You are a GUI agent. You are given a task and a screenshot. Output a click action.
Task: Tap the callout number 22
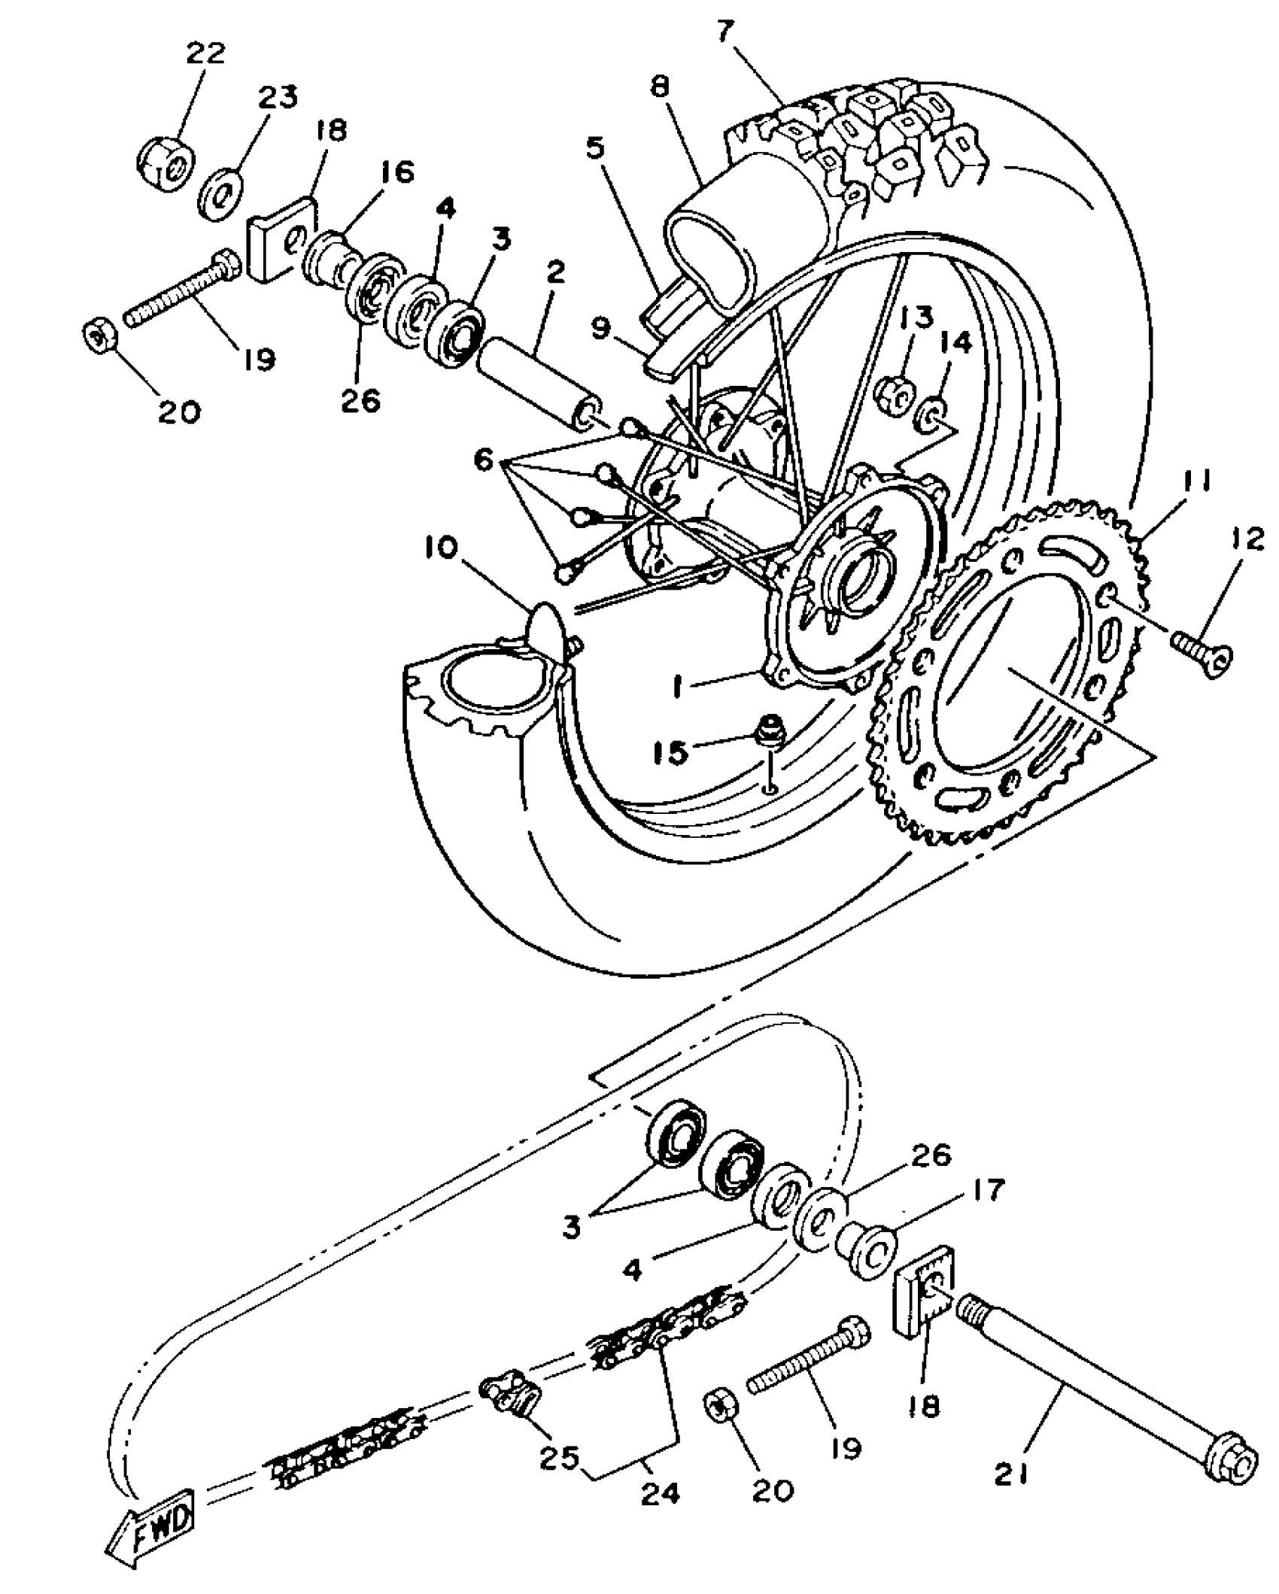[205, 54]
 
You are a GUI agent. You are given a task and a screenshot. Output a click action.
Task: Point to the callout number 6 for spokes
[483, 459]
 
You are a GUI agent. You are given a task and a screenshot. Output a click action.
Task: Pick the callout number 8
[660, 88]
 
